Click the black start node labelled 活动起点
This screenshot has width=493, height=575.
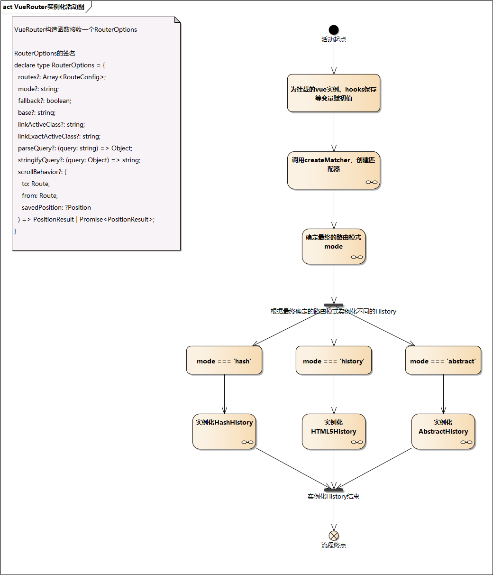[334, 30]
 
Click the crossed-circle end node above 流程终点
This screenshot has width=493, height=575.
[334, 536]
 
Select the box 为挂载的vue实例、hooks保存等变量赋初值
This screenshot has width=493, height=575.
[334, 93]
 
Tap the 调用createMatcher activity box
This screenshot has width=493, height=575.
[334, 170]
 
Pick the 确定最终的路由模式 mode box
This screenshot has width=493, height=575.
[334, 246]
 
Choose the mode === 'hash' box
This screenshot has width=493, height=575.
[224, 361]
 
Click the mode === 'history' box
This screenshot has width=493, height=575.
[334, 361]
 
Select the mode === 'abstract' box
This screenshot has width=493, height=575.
[443, 361]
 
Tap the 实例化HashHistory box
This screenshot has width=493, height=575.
[224, 431]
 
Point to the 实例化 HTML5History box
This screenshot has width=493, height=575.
[334, 431]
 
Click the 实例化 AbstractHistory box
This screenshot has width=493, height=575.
[443, 431]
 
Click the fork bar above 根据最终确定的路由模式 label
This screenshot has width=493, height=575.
[334, 305]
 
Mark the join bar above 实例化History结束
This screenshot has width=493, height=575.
[334, 490]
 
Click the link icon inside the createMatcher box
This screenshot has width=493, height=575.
[372, 182]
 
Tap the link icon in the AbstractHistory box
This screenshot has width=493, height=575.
[466, 442]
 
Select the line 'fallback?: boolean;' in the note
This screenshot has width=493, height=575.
[45, 101]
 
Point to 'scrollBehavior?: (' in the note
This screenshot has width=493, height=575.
[42, 172]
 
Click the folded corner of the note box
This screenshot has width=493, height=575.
[177, 20]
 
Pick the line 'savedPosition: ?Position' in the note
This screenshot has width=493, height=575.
[56, 207]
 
